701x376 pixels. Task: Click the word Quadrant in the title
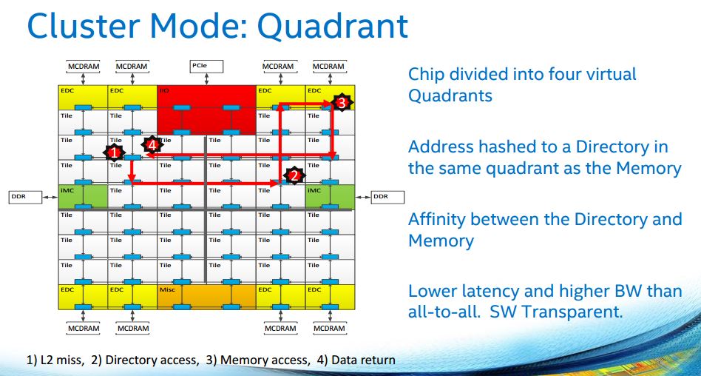click(333, 26)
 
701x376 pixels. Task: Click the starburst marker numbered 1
click(114, 152)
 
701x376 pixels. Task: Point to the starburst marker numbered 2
click(294, 175)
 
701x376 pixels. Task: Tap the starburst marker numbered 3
click(341, 103)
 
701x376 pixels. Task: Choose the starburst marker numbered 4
click(152, 145)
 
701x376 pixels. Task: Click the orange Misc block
click(206, 297)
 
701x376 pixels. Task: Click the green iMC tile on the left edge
click(83, 196)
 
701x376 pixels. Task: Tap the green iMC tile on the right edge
click(330, 196)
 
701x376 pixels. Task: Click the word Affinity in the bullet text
click(438, 219)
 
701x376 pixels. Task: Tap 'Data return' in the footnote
click(363, 360)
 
